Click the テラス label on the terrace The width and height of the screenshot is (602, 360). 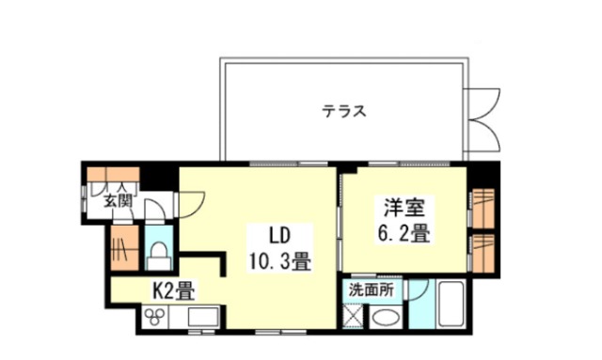343,111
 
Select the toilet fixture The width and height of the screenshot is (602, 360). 159,250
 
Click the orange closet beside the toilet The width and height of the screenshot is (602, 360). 122,249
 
